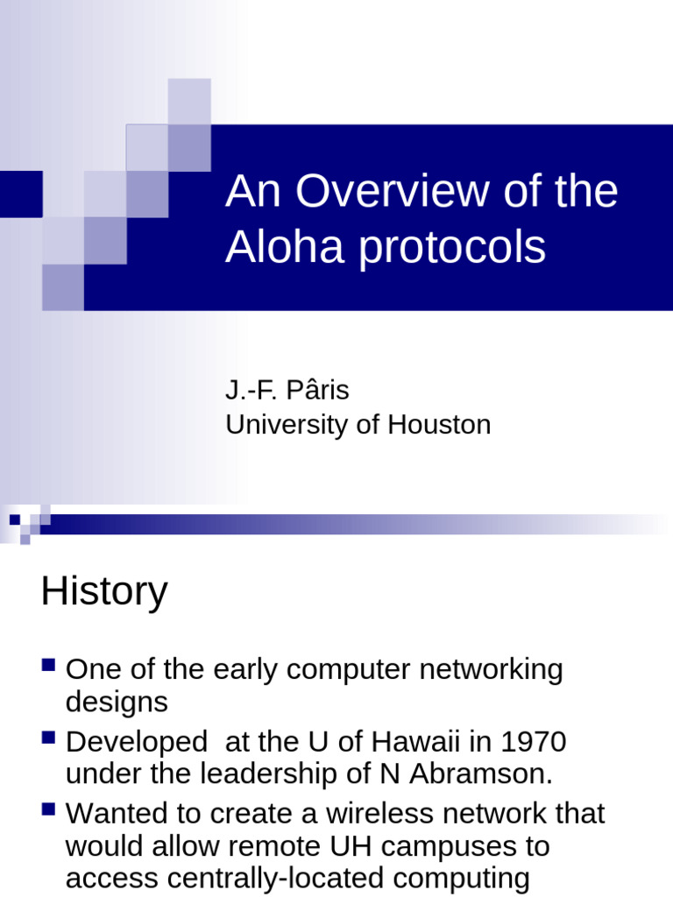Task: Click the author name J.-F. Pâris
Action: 287,391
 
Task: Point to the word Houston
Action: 439,425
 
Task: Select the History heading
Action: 103,592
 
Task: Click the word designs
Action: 117,703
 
